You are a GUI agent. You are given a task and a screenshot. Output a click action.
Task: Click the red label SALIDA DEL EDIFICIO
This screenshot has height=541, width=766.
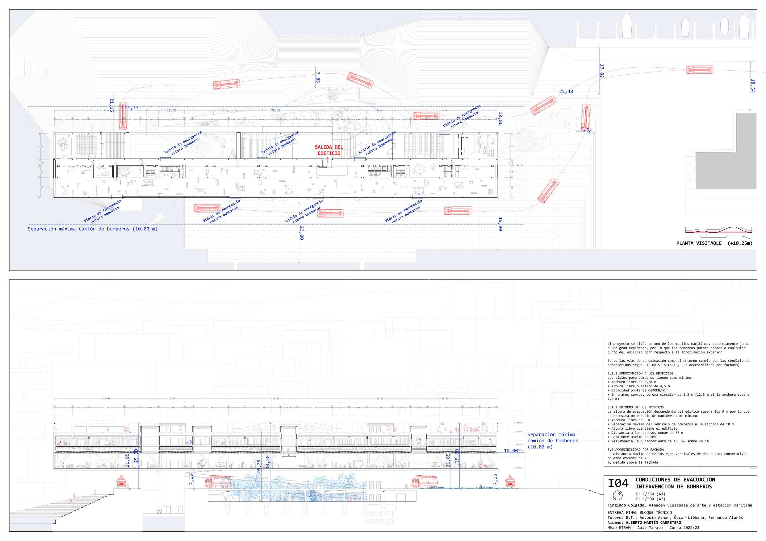tap(329, 150)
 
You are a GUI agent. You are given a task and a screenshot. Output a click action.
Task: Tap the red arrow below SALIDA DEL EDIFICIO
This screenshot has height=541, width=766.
tap(328, 160)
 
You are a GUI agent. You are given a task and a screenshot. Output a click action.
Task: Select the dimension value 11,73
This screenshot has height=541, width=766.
tap(132, 108)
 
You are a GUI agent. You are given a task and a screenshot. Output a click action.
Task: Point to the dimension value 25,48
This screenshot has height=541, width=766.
tap(566, 91)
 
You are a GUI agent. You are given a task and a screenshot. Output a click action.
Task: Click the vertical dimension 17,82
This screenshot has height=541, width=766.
tap(601, 71)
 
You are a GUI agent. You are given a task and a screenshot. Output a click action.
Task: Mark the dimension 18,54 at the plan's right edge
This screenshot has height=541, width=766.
tap(753, 86)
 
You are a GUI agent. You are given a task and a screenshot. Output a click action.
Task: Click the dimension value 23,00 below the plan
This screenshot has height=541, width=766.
tap(302, 233)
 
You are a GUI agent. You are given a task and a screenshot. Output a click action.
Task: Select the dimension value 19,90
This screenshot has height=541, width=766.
tap(500, 224)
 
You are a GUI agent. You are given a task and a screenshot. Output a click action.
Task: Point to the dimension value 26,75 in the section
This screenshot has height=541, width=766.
tap(259, 467)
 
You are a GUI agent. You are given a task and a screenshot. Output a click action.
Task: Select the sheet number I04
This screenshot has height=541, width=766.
tap(618, 483)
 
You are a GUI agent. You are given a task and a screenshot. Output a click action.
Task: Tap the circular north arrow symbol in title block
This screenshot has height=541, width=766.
tap(618, 494)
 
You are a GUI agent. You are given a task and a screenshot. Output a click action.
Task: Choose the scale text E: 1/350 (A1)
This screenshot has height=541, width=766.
tap(650, 494)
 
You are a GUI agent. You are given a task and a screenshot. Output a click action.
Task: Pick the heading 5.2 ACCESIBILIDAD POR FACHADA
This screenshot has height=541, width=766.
tap(635, 450)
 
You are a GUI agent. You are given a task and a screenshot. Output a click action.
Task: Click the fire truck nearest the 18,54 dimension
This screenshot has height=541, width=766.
tap(700, 70)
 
